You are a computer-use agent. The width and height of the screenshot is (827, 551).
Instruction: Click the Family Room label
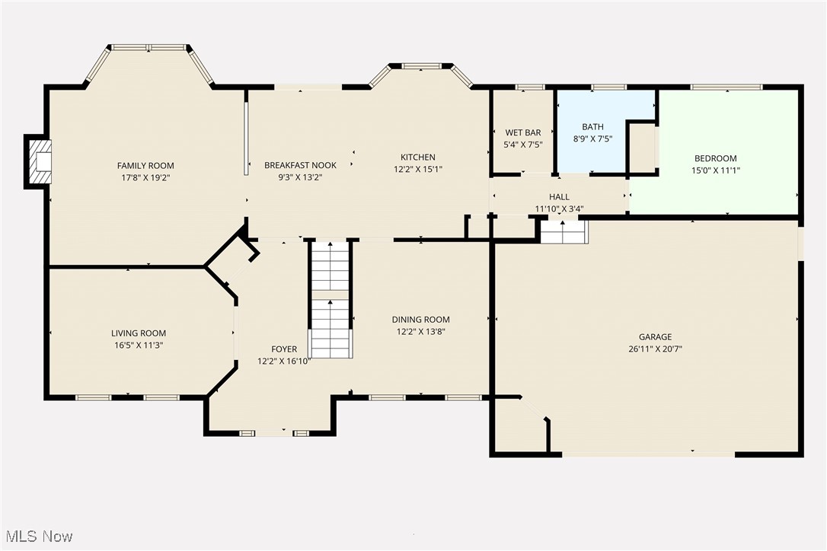[x=145, y=166]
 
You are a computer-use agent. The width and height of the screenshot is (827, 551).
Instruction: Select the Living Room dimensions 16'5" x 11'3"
[x=138, y=346]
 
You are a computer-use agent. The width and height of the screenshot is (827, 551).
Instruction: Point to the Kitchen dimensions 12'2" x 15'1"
[x=418, y=170]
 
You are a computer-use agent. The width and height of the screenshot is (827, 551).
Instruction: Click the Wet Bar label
[x=522, y=132]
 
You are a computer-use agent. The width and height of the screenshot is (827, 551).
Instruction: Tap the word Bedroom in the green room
[x=715, y=158]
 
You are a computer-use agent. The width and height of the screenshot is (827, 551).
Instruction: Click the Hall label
[x=559, y=197]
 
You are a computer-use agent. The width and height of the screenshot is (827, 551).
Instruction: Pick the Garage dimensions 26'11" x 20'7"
[x=655, y=349]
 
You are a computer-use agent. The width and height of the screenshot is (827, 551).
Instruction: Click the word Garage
[x=655, y=337]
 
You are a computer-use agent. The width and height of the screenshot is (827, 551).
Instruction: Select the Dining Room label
[x=420, y=320]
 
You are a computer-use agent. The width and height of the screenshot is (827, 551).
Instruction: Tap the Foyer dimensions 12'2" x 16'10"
[x=284, y=362]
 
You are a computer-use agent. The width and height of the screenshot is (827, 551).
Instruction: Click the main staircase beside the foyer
[x=330, y=301]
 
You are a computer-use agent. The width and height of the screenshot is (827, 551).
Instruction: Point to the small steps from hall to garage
[x=564, y=231]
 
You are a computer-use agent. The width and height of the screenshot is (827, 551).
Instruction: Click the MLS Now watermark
[x=37, y=537]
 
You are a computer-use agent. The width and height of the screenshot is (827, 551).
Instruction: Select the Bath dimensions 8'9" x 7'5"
[x=592, y=139]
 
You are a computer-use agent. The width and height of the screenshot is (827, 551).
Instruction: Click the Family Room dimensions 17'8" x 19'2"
[x=145, y=178]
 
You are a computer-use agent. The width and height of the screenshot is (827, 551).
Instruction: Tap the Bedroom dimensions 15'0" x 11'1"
[x=715, y=170]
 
